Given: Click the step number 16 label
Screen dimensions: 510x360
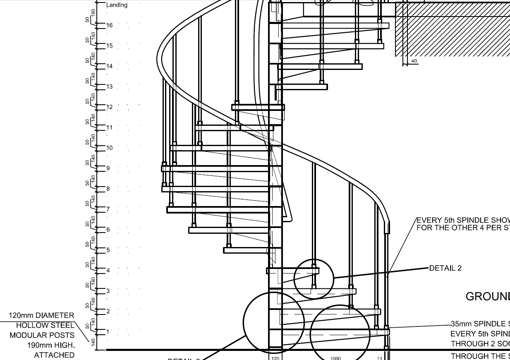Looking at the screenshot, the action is (x=109, y=25).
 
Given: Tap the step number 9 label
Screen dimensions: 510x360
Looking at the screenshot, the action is (x=108, y=168).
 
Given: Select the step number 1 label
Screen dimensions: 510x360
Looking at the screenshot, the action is (x=108, y=331).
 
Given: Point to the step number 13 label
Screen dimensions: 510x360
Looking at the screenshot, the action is (x=109, y=86).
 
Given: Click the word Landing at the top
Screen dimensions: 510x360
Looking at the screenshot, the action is (x=117, y=5).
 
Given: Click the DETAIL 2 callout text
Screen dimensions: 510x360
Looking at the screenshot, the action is (x=445, y=268).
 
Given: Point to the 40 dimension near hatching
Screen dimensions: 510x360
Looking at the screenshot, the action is (x=414, y=61).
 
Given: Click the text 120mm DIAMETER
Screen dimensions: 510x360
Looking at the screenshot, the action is (x=41, y=316).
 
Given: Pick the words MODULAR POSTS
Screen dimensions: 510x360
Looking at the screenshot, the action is (x=42, y=335).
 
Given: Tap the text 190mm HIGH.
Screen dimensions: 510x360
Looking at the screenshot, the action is (x=51, y=345).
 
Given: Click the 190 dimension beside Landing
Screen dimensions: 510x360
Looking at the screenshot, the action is (x=93, y=12).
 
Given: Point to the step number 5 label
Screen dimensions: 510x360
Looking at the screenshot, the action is (x=108, y=250).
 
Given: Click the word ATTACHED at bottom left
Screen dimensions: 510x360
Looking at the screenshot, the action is (x=54, y=355).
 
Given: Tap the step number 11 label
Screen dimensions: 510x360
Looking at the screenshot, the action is (x=109, y=127).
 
